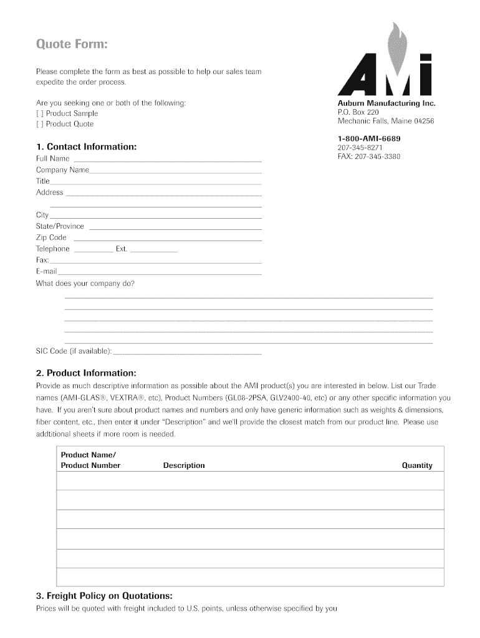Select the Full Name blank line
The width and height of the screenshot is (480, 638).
pyautogui.click(x=166, y=161)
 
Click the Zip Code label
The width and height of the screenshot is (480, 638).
pyautogui.click(x=51, y=237)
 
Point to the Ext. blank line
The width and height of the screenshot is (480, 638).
pyautogui.click(x=154, y=250)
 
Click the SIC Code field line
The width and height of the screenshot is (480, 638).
pyautogui.click(x=187, y=353)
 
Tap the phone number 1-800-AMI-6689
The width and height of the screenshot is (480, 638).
pyautogui.click(x=369, y=138)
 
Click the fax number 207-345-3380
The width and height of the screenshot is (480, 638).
pyautogui.click(x=369, y=156)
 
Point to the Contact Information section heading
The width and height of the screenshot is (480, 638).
pyautogui.click(x=86, y=147)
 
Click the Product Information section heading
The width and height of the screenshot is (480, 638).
pyautogui.click(x=86, y=373)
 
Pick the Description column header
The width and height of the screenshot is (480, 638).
pyautogui.click(x=184, y=465)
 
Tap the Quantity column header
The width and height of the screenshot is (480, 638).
pyautogui.click(x=417, y=465)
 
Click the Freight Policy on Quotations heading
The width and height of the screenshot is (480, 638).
pyautogui.click(x=104, y=596)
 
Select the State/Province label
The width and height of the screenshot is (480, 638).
pyautogui.click(x=60, y=226)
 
